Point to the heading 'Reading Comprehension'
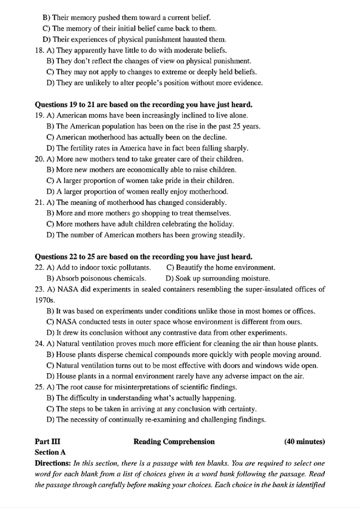coord(174,441)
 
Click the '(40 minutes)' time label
coord(304,441)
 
